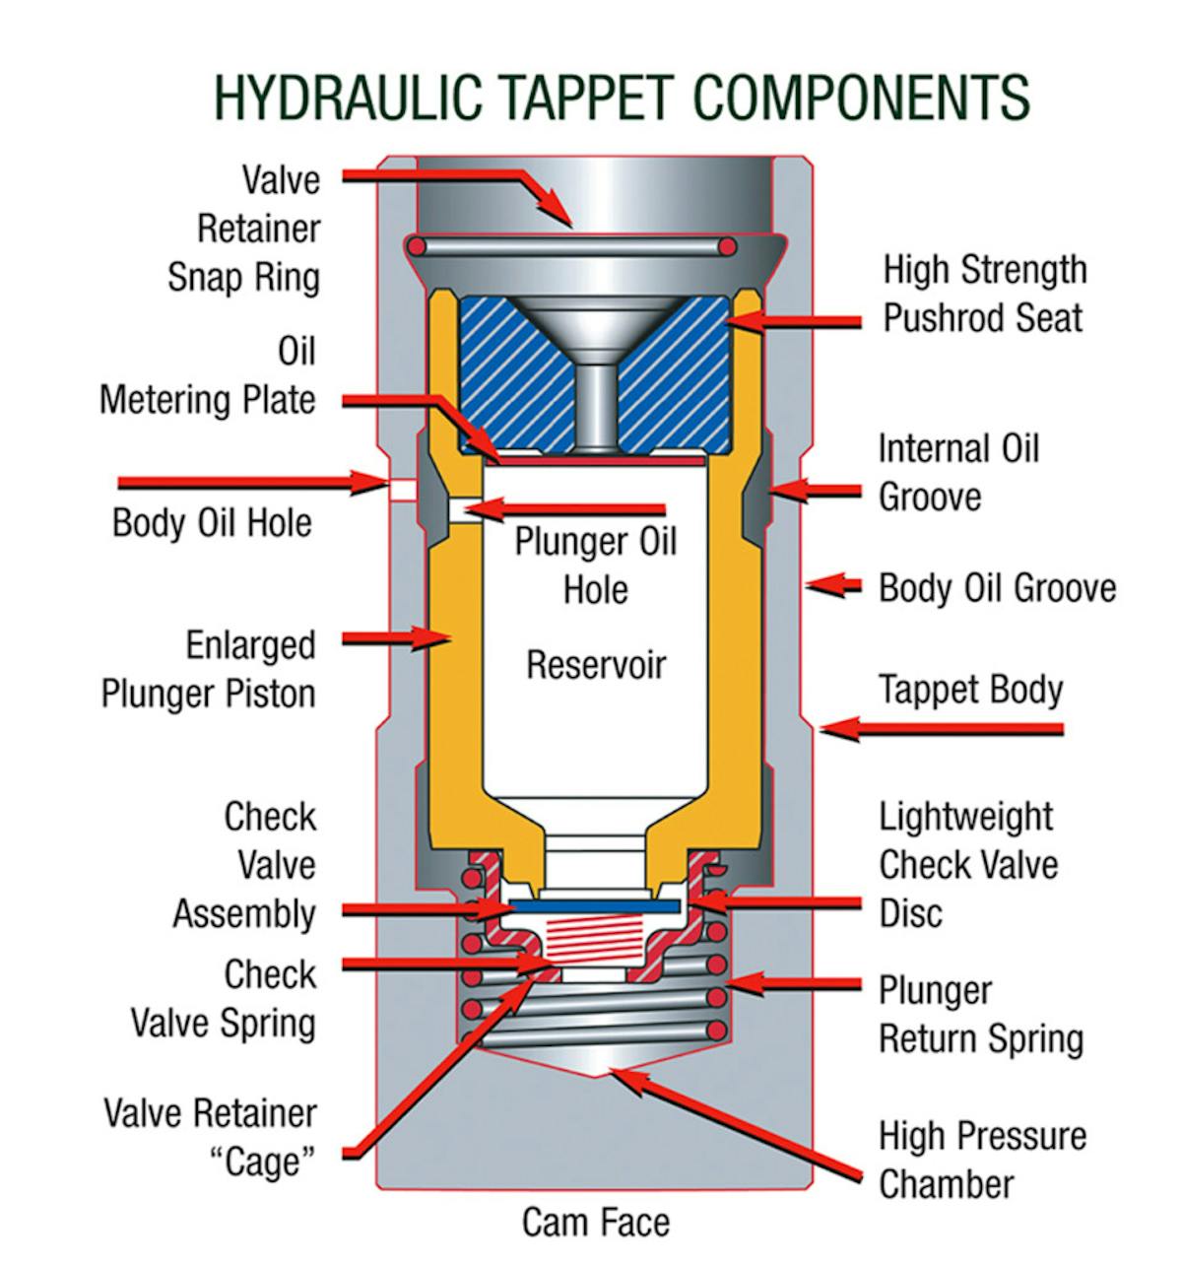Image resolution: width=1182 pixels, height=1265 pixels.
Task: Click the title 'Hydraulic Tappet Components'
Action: [622, 96]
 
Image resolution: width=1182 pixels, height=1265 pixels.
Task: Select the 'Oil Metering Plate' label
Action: [208, 376]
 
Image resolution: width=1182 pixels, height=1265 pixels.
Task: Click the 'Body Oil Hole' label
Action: [212, 522]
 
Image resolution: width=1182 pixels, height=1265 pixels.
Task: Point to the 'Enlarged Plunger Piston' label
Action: [208, 669]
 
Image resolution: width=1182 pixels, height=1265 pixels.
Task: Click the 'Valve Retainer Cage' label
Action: [210, 1138]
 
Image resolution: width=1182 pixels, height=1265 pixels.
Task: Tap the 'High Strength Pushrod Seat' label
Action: [984, 294]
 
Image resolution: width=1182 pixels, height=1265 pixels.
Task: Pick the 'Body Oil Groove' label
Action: [997, 588]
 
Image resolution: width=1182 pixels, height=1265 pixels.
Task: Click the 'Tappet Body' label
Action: [970, 689]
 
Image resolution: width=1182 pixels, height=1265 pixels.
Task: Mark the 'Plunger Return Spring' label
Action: [980, 1015]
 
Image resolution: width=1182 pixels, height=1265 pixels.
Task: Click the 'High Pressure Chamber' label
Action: [982, 1160]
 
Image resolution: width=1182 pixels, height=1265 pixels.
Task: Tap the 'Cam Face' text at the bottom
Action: [595, 1223]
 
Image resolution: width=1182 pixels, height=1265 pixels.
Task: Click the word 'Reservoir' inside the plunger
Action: [596, 665]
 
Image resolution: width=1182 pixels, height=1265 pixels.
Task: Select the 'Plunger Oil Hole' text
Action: [595, 566]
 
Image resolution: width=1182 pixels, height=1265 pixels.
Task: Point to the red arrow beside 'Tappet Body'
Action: [941, 730]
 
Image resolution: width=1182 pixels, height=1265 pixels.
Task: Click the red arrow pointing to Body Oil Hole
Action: [251, 483]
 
